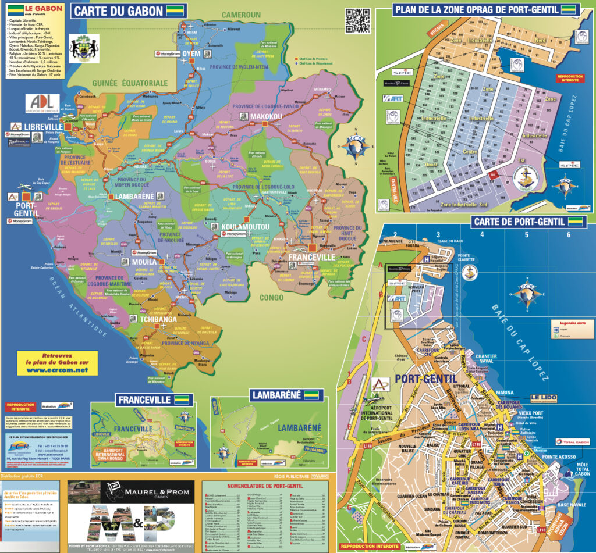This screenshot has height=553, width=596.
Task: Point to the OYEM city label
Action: (x=191, y=53)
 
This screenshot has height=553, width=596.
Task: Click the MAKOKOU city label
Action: (x=266, y=117)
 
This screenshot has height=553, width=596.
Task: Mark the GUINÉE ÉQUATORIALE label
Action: (x=130, y=83)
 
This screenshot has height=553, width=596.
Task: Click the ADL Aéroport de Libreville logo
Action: (x=42, y=104)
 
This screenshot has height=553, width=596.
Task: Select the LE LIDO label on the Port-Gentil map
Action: (x=543, y=398)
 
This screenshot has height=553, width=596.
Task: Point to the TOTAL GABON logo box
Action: (x=572, y=442)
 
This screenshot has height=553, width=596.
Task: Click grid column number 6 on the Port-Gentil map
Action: (x=568, y=235)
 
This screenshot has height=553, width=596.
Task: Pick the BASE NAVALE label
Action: (x=572, y=505)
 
